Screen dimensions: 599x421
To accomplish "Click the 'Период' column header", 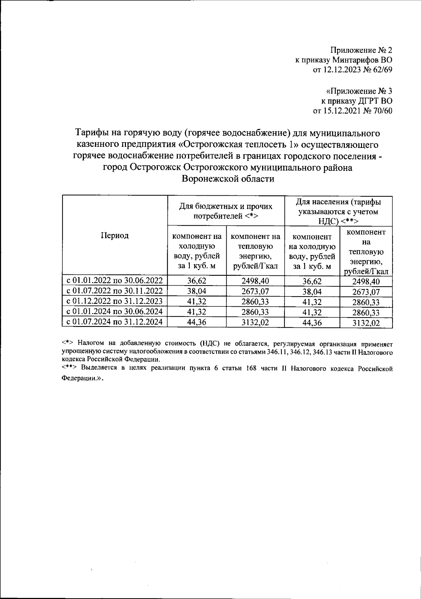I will pos(115,235).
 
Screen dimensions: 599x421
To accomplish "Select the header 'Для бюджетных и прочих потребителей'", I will pos(226,211).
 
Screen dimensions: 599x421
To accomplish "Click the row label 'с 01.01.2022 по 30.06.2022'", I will pos(115,280).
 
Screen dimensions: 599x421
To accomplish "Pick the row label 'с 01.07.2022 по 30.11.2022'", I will pos(115,291).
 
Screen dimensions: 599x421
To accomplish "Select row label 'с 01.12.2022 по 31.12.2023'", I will pos(115,301).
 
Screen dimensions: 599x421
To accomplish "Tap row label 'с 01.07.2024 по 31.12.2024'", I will pos(115,322).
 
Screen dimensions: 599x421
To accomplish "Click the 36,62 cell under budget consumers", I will pos(197,281).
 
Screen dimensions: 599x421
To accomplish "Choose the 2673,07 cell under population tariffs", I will pos(366,292).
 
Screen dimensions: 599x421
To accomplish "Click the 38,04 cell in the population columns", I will pos(312,292).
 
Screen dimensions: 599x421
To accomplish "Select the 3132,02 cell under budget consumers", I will pos(255,323).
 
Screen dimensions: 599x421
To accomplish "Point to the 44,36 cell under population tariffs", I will pos(312,323).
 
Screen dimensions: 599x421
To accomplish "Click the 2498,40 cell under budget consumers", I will pos(255,281).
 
